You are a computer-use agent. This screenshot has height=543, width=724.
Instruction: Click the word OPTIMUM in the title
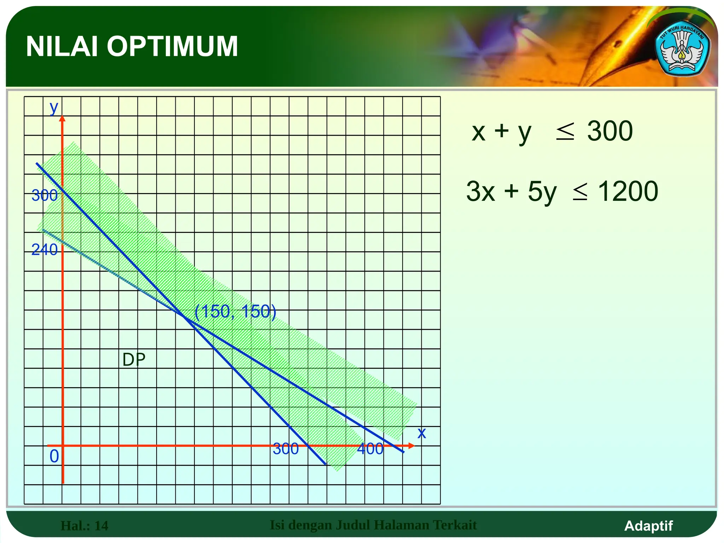coord(172,46)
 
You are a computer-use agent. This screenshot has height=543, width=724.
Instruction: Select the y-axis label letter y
coord(54,107)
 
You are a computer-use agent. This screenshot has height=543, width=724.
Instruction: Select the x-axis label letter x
coord(421,433)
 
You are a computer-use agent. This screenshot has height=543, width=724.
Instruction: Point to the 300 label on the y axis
coord(44,195)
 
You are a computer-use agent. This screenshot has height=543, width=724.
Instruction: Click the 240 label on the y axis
coord(44,250)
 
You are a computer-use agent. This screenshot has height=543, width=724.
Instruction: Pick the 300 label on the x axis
coord(286,449)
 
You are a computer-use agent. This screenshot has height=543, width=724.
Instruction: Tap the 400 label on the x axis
coord(370,449)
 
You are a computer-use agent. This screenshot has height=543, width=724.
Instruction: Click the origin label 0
coord(54,456)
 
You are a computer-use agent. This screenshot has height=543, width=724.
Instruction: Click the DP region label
coord(134,360)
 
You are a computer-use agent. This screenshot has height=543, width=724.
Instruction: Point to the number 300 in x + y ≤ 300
coord(610,131)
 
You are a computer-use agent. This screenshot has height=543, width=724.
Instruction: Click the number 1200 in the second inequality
coord(628,191)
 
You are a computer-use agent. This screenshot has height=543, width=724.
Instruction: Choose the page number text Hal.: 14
coord(84,526)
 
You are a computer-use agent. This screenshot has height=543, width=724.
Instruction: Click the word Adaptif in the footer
coord(648,526)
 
